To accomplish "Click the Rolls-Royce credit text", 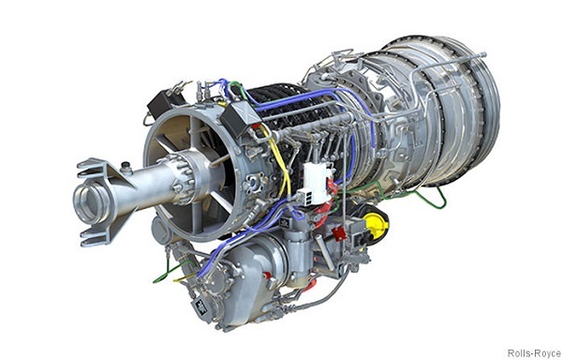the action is pyautogui.click(x=535, y=352).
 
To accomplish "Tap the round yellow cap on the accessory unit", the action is pyautogui.click(x=377, y=222).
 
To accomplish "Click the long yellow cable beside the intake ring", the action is pyautogui.click(x=280, y=162).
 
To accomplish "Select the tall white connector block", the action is pyautogui.click(x=317, y=181).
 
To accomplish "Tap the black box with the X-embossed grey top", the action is pyautogui.click(x=240, y=117).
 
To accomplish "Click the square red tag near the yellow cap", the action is pyautogui.click(x=339, y=232).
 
